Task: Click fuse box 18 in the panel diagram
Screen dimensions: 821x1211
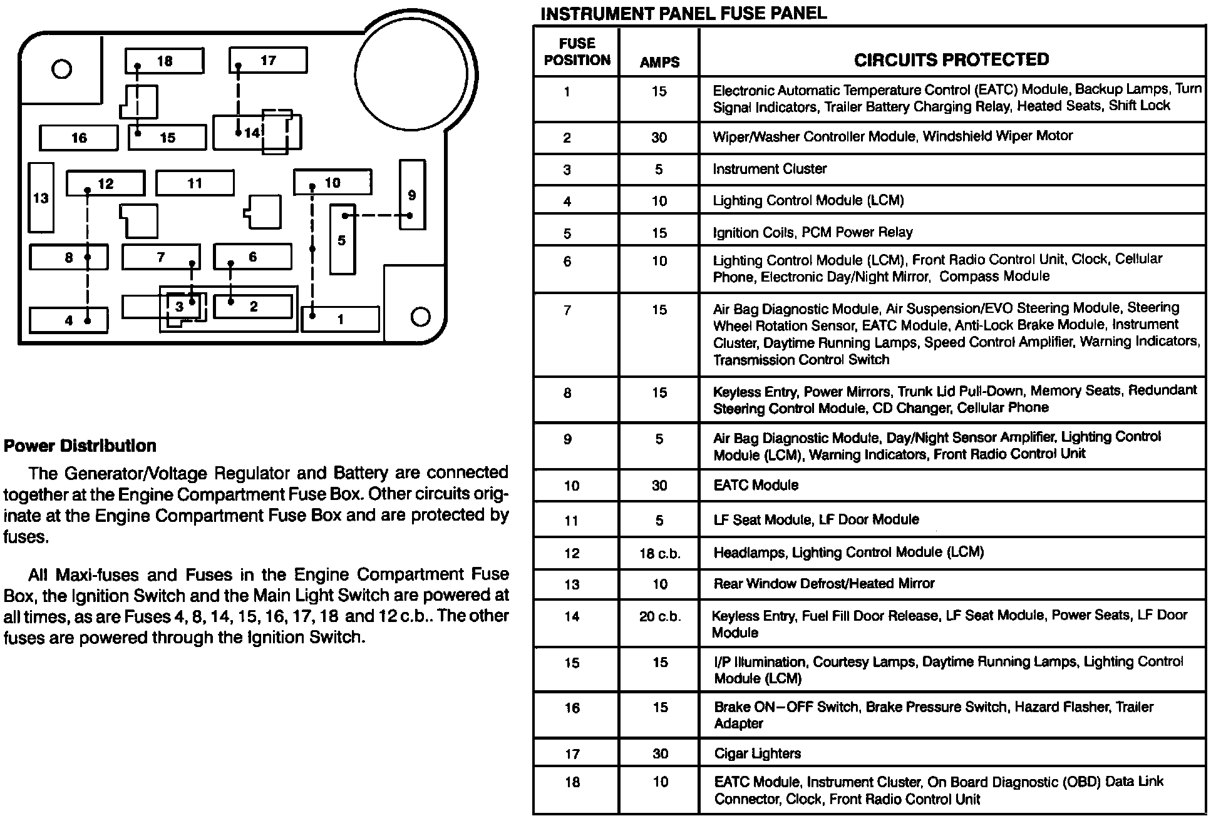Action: [x=164, y=61]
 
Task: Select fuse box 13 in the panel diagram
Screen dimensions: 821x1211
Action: [x=41, y=198]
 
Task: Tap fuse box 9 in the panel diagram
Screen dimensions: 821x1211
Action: [x=412, y=195]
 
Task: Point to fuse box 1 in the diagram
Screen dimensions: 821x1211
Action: [x=341, y=319]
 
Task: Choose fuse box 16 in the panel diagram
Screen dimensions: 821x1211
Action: [x=79, y=138]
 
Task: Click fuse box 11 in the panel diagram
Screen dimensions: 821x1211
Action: [x=195, y=183]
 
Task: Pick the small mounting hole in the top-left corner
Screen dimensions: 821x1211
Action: [x=61, y=69]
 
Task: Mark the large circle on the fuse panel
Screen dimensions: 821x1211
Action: [x=411, y=74]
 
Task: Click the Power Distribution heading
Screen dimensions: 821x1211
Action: [x=80, y=446]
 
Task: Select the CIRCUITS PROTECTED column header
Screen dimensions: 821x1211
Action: [x=951, y=59]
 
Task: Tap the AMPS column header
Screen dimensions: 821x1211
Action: [x=659, y=62]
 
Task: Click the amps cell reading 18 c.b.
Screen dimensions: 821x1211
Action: [x=659, y=554]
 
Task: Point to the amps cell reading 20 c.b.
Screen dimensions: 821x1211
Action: [x=659, y=617]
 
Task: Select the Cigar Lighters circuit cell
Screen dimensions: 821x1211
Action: [x=757, y=753]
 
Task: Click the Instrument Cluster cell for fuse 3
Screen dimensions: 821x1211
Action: [x=770, y=169]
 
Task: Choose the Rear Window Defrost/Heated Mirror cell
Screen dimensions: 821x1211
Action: [x=823, y=584]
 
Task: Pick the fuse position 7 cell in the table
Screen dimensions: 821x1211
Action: [x=567, y=310]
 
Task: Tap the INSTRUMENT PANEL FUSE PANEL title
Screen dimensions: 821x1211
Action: [x=683, y=13]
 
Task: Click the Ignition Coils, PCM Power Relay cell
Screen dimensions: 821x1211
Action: [x=812, y=233]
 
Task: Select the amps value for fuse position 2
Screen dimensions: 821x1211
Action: [x=659, y=138]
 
